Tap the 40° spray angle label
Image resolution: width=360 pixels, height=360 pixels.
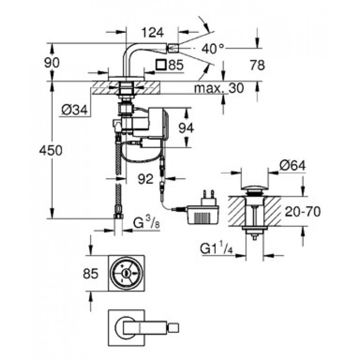pos(212,48)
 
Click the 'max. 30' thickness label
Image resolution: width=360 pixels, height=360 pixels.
pos(219,88)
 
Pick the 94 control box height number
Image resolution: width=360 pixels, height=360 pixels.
pos(185,128)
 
